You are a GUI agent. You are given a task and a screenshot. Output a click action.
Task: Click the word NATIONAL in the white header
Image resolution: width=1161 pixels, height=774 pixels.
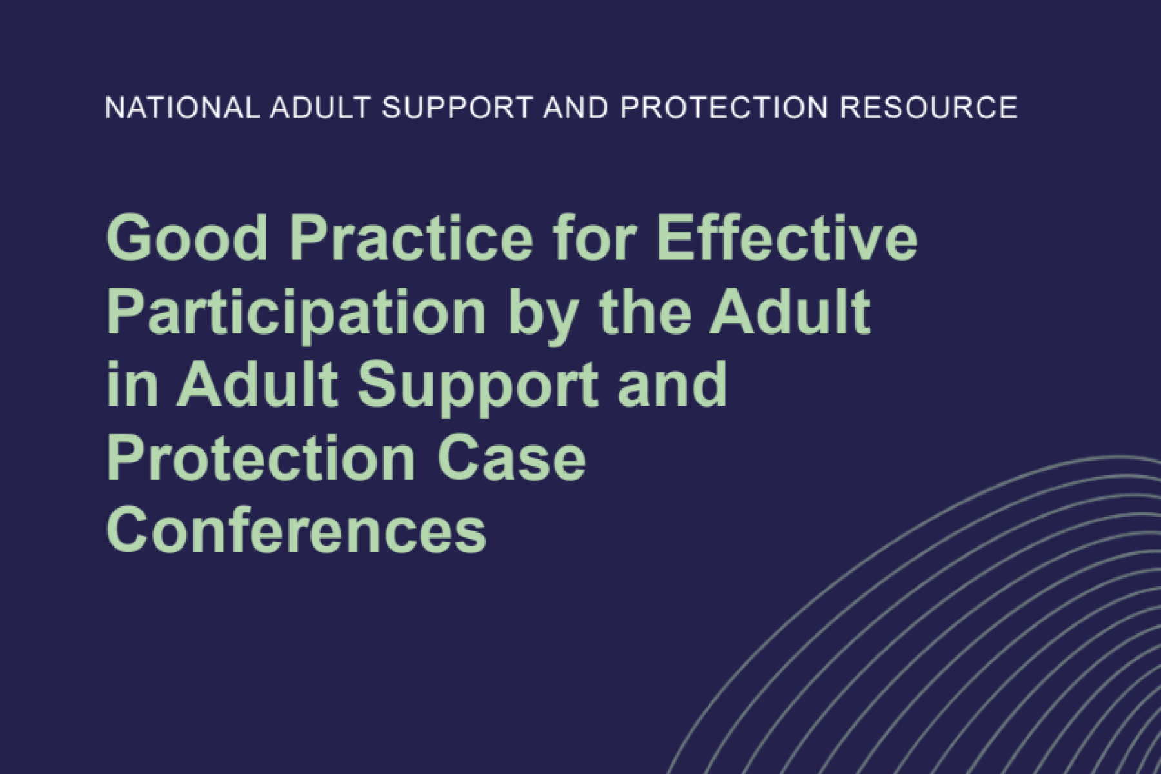(x=183, y=107)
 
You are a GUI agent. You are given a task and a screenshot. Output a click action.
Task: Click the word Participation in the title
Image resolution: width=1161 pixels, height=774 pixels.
(x=296, y=312)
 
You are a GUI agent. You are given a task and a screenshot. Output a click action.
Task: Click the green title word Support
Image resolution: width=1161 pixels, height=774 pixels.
(x=478, y=387)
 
